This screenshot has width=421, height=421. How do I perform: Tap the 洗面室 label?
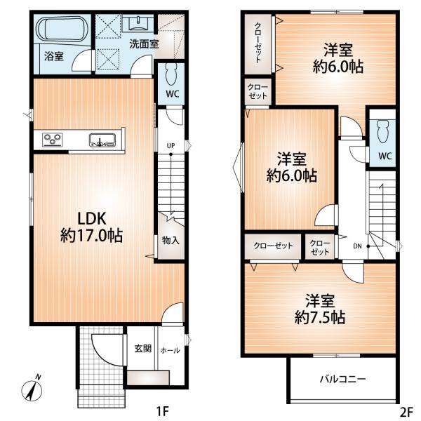pos(144,44)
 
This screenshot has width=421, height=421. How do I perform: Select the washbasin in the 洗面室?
pos(138,23)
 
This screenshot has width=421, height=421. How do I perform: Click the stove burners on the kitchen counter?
pos(53,140)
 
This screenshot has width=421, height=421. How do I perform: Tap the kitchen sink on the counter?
pos(102,140)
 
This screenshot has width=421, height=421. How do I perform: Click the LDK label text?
pos(92,218)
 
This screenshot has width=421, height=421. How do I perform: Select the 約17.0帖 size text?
pos(91,236)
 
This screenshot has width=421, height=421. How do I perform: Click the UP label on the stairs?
pos(171,146)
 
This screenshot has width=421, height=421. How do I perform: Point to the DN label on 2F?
pos(357,246)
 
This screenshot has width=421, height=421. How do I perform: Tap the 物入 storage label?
pos(171,241)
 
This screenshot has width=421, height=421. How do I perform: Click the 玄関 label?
pos(143,349)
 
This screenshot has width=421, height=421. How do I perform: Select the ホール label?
pos(171,350)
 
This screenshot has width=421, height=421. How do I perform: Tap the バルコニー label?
pos(342,379)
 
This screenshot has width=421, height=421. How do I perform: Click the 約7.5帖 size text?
pos(320,318)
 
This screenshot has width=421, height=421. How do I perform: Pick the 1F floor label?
pos(163,411)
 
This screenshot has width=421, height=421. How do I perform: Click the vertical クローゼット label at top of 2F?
pos(258,43)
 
